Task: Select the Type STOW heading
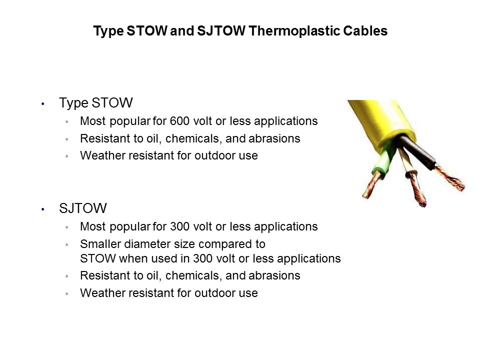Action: click(96, 103)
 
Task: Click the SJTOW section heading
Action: click(83, 208)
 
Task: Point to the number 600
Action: click(179, 121)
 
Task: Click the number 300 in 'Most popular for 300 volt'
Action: click(179, 227)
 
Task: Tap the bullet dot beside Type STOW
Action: click(43, 104)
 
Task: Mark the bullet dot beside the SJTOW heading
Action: click(43, 209)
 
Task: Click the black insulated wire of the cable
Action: click(417, 151)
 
